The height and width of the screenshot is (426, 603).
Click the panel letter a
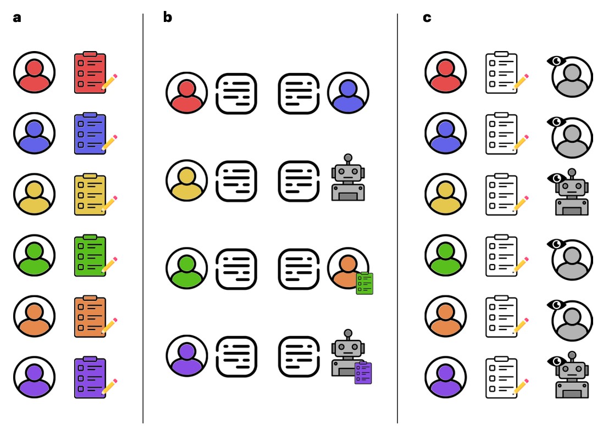pos(17,18)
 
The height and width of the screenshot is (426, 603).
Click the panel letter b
pos(168,18)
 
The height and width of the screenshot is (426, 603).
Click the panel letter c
pos(427,18)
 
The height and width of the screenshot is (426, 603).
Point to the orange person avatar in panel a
pos(34,316)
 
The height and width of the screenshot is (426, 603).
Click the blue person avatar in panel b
pos(348,93)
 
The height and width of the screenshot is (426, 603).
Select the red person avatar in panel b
pos(186,93)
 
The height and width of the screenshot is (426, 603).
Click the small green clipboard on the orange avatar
pos(364,283)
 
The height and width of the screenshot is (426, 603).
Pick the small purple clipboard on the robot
pos(363,373)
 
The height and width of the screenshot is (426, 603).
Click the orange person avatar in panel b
pos(347,267)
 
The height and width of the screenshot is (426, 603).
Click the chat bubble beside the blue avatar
pos(298,93)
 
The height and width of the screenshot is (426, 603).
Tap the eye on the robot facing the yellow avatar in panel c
pos(556,177)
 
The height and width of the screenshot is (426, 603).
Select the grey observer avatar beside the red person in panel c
pos(572,77)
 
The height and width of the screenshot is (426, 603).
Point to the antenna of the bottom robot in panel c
pos(572,356)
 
